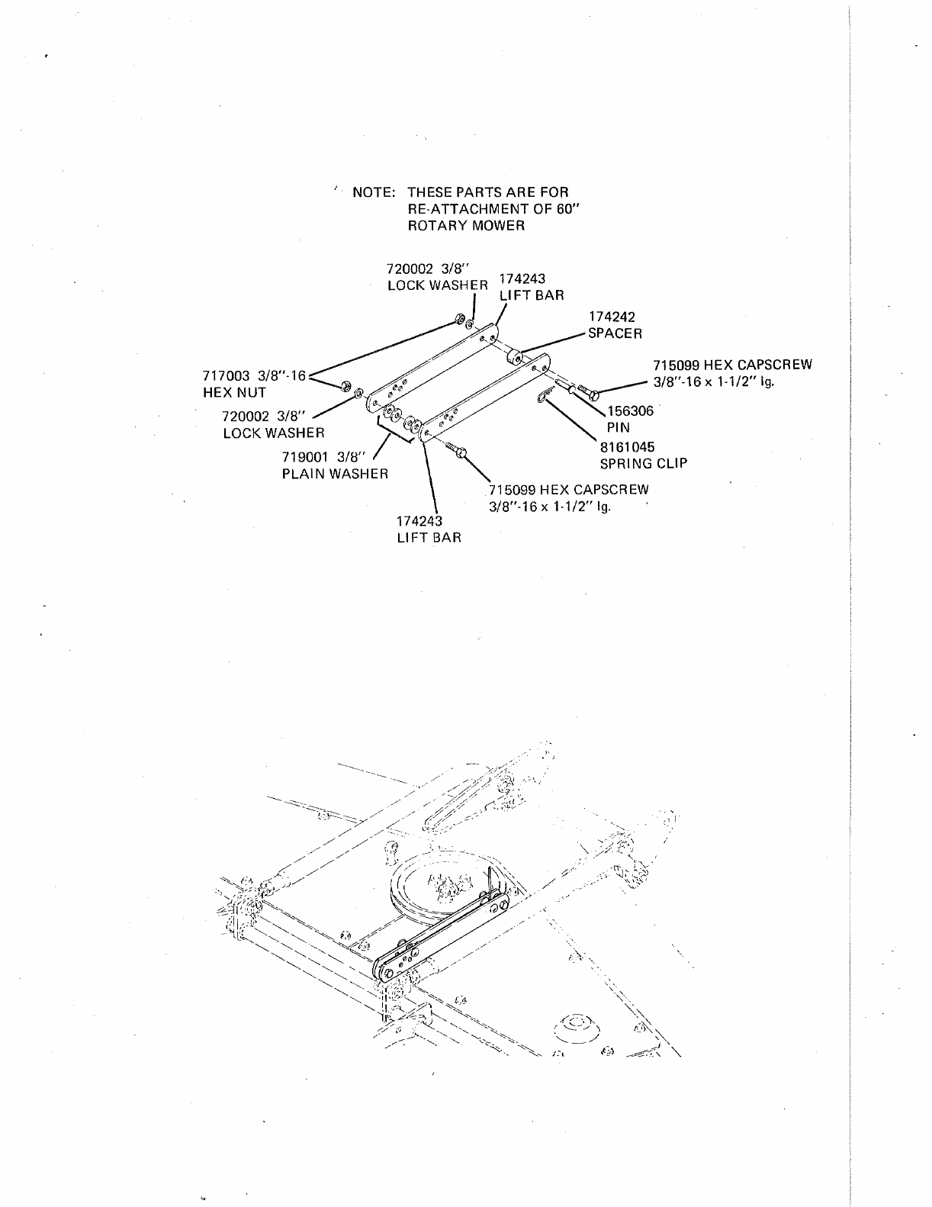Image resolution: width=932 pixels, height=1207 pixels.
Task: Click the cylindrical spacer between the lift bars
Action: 515,356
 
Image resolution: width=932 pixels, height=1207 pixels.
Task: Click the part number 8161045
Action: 628,446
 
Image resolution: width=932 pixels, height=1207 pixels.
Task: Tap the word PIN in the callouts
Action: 619,427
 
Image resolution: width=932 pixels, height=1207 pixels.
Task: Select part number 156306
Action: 631,410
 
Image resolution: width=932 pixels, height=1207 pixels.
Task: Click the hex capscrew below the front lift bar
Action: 458,451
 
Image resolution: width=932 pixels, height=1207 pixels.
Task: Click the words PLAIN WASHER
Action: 336,474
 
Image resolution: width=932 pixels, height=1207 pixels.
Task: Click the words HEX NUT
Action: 234,393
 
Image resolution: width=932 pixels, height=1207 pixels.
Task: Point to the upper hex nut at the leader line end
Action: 459,318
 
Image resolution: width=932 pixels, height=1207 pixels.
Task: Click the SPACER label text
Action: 615,333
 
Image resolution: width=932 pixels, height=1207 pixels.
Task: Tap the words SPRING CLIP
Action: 644,463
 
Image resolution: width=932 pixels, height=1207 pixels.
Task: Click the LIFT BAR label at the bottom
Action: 429,537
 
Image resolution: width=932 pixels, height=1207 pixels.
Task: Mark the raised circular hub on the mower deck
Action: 577,1025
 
